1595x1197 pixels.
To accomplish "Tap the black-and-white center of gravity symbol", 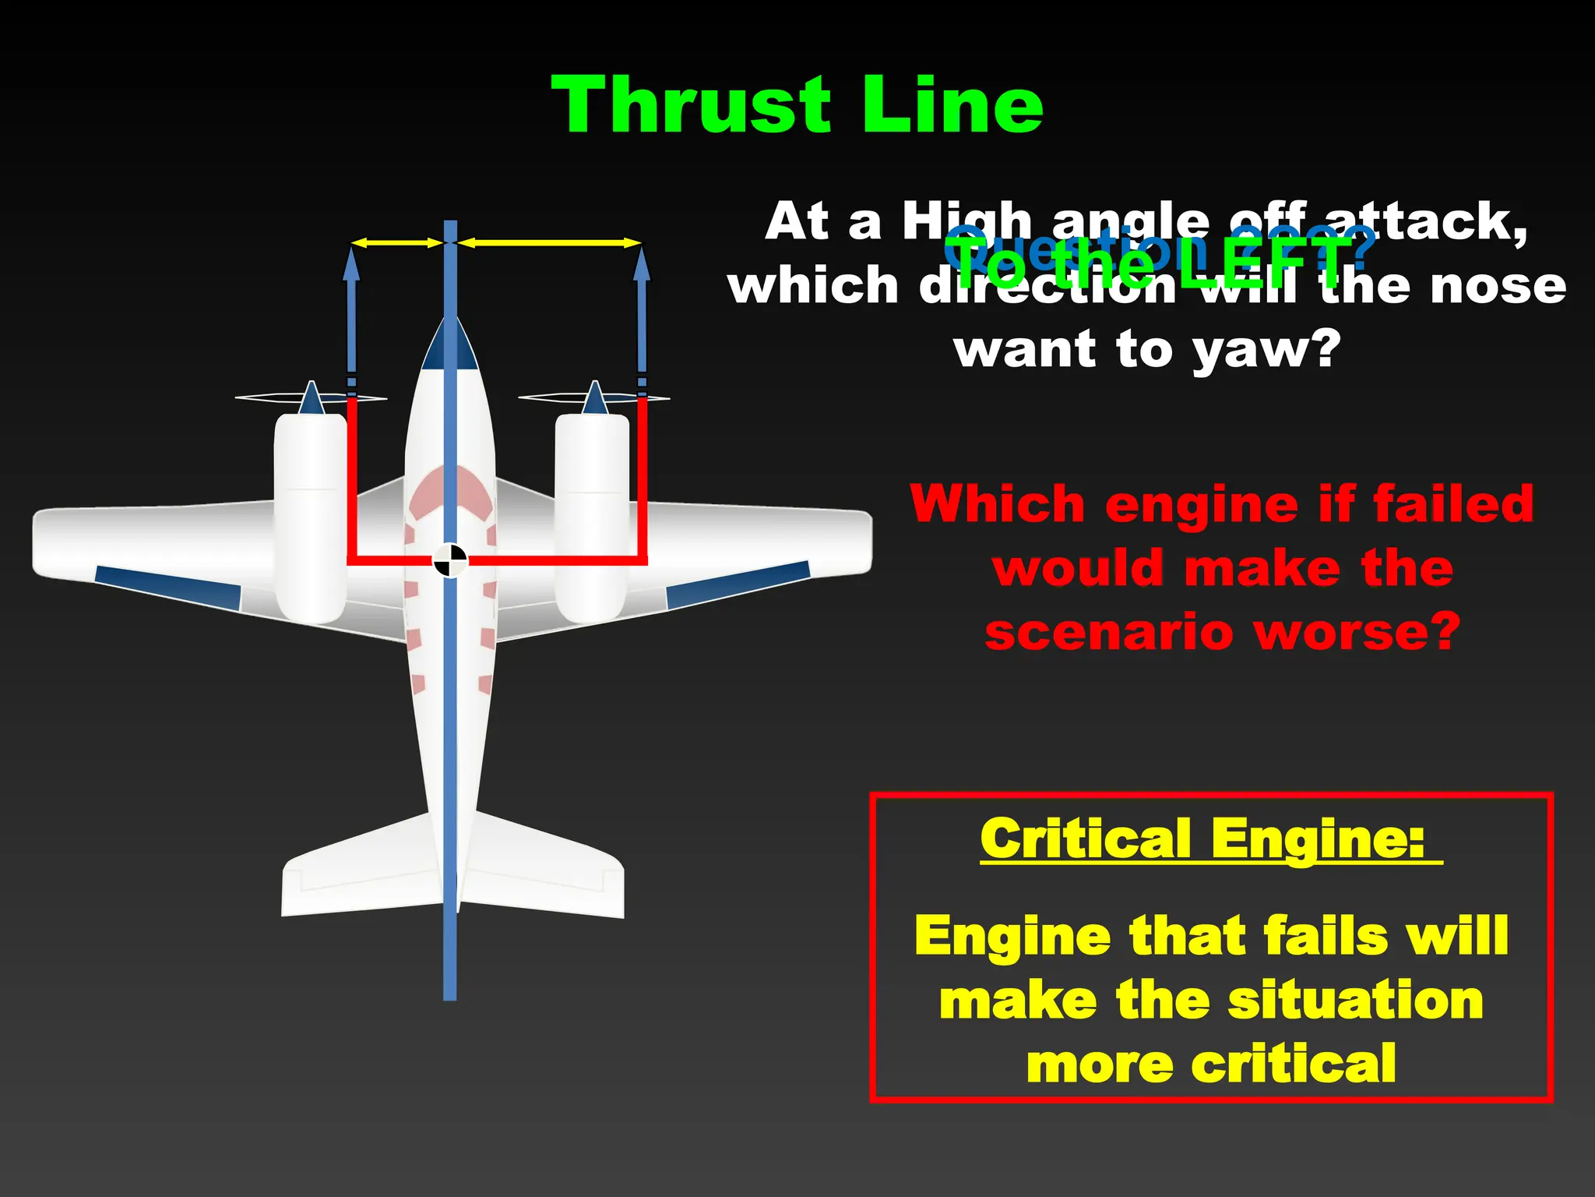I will pos(450,560).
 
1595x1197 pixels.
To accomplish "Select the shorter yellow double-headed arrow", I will pos(397,243).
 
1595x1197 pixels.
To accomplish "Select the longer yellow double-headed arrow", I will pos(549,243).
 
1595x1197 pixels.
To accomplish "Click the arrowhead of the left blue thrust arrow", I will pos(352,265).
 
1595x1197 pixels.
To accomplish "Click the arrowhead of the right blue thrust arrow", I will pos(642,265).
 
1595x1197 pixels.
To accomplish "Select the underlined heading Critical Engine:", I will pos(1203,839).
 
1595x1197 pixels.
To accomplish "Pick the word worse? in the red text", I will pos(1358,631).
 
